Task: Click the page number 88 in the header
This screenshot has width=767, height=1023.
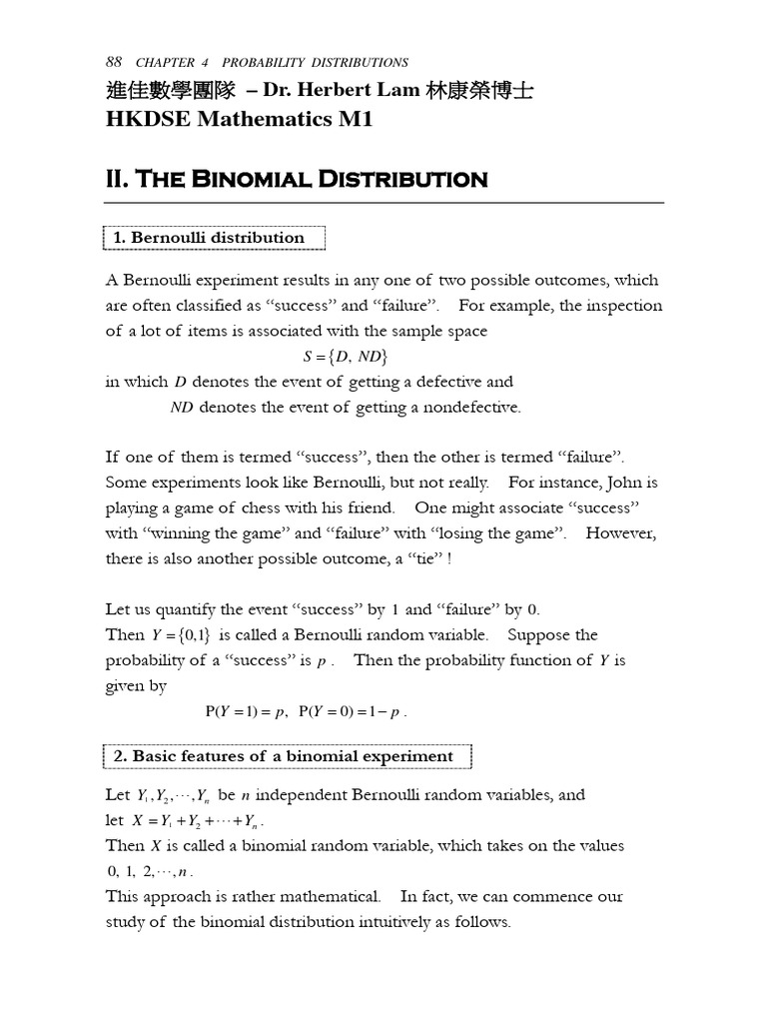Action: [113, 62]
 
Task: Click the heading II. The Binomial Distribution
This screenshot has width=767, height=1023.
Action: [296, 180]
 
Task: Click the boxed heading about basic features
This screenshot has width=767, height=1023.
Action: [288, 756]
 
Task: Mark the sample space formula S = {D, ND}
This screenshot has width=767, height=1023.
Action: [345, 357]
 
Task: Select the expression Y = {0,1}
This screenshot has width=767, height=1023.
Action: [180, 635]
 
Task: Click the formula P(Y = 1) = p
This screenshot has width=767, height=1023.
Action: [246, 712]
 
